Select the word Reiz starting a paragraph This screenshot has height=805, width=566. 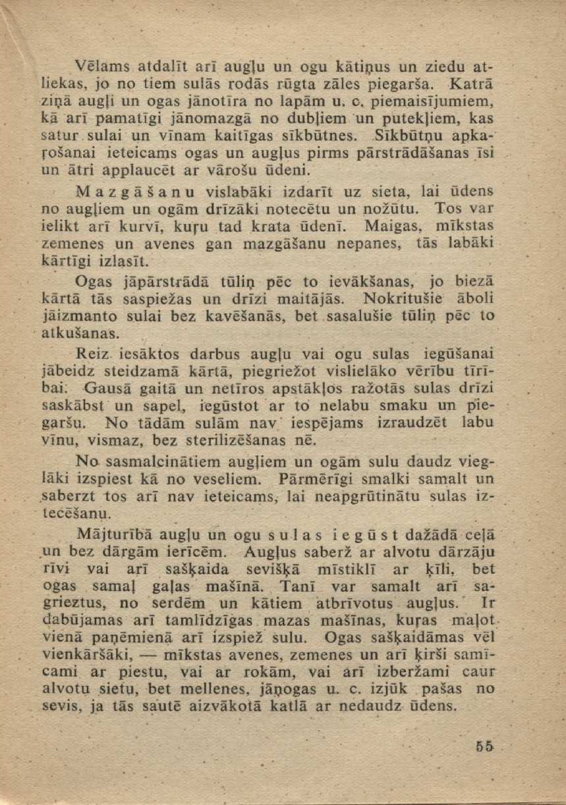(92, 352)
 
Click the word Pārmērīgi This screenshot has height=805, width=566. (312, 479)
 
